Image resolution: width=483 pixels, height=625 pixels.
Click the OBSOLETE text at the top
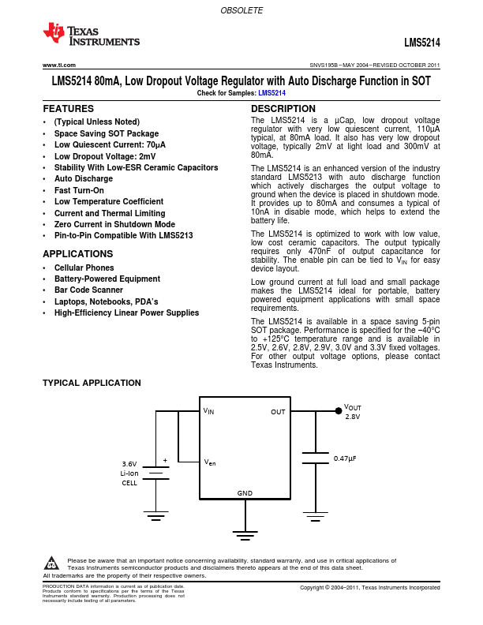click(241, 11)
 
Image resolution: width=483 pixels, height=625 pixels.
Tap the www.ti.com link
click(58, 65)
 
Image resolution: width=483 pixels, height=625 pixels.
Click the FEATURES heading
click(68, 109)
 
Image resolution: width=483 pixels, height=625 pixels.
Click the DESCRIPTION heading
click(283, 109)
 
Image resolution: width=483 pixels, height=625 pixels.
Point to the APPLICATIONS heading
click(77, 254)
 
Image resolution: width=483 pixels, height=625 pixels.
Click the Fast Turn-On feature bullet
click(79, 190)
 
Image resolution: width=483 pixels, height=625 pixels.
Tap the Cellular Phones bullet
click(84, 268)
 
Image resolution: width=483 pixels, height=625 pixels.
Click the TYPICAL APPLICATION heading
click(92, 383)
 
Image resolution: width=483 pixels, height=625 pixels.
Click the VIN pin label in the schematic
click(208, 411)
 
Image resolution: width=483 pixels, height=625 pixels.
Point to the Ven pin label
click(209, 462)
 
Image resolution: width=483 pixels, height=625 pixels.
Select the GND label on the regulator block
click(245, 493)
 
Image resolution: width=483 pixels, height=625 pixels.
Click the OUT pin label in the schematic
click(278, 411)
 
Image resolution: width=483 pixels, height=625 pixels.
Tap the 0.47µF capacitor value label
click(344, 458)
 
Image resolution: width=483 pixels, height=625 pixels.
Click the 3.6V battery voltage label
click(129, 463)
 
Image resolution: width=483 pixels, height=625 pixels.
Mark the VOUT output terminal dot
click(339, 410)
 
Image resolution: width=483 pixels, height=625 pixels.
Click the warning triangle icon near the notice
click(51, 563)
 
